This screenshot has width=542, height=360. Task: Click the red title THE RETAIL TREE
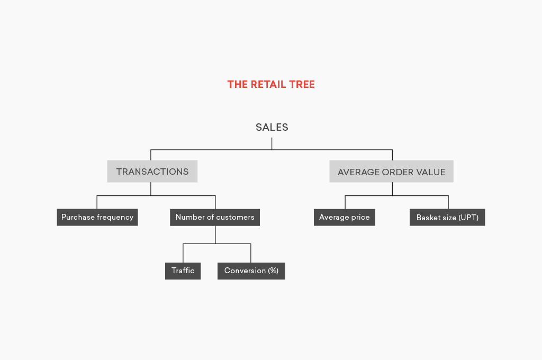(271, 84)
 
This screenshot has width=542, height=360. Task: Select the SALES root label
(272, 127)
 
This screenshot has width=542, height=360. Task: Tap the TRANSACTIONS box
(152, 171)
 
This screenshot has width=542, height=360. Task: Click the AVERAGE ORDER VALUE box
(391, 171)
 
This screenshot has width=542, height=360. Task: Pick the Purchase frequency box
(97, 217)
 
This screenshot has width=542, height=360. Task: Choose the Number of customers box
(215, 217)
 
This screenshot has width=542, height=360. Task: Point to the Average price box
(344, 217)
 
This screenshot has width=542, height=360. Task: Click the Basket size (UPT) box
(447, 217)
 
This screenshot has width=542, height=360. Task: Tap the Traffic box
(183, 271)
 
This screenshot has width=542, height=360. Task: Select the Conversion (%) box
(251, 271)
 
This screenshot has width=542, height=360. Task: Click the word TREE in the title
(302, 84)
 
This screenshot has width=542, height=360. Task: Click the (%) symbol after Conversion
(273, 271)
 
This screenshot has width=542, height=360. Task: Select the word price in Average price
(360, 218)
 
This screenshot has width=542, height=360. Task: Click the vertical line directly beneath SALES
(272, 143)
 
